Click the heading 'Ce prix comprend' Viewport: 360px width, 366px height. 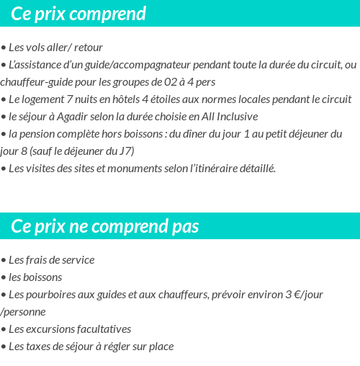point(78,14)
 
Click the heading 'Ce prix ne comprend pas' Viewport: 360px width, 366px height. point(105,226)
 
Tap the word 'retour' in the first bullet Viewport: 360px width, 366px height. point(89,48)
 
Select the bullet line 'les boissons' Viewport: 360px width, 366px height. point(35,277)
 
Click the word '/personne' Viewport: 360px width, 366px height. point(23,312)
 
